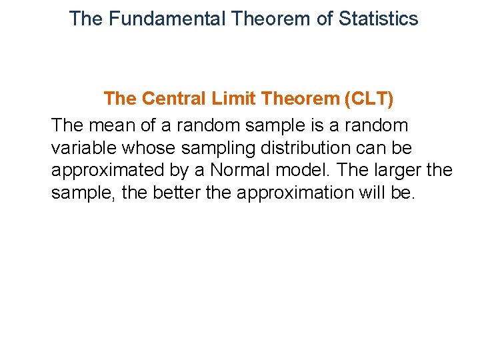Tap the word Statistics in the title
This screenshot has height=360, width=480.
[378, 19]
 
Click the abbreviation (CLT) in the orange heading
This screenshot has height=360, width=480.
[369, 99]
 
